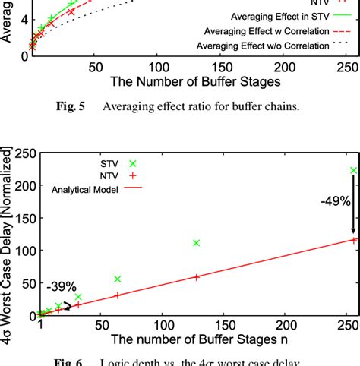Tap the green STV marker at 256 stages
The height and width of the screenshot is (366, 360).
point(353,171)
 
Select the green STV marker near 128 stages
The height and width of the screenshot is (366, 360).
point(196,243)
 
